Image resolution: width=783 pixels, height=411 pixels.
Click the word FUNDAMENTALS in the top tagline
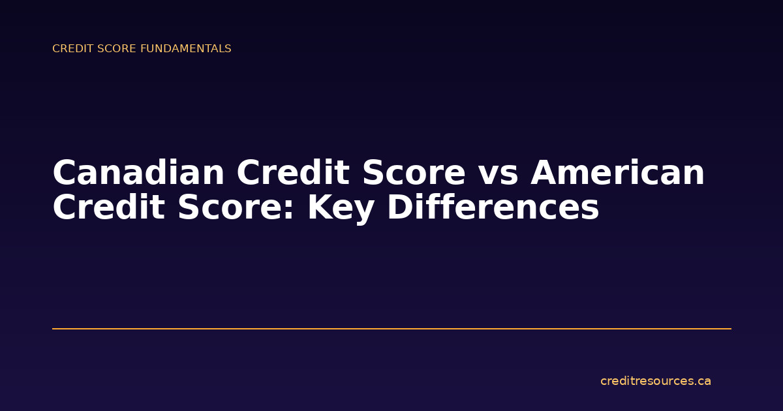(185, 49)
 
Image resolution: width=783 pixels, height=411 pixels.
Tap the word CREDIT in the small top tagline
(70, 49)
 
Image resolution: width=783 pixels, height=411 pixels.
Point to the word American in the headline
(617, 174)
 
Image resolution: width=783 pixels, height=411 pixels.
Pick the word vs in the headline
(498, 174)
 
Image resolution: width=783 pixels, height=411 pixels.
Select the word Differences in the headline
(493, 209)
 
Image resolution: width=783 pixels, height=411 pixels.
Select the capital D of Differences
(399, 209)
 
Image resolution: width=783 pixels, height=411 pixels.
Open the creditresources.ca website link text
(655, 381)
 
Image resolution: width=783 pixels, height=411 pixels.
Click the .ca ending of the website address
(702, 382)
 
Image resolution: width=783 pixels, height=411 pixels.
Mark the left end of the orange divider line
(54, 329)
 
